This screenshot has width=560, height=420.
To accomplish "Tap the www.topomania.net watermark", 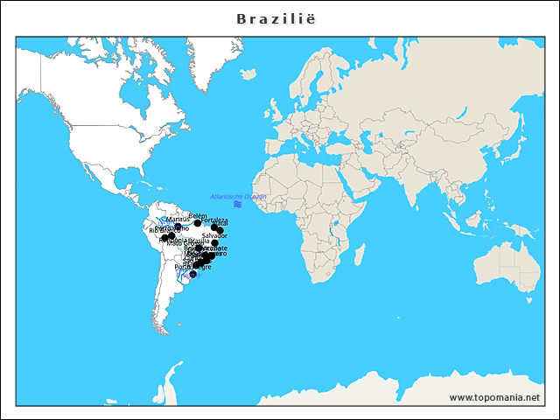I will [494, 397].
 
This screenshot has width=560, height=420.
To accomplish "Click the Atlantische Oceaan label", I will [238, 196].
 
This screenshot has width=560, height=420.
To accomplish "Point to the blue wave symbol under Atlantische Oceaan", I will [238, 204].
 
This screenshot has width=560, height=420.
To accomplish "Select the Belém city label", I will [198, 214].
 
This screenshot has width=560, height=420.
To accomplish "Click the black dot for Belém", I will [198, 222].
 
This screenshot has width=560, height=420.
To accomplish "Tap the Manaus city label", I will [177, 219].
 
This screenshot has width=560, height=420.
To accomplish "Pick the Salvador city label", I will [214, 235].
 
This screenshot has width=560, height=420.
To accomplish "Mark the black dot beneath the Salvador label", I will [214, 243].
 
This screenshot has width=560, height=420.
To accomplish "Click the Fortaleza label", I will [214, 220].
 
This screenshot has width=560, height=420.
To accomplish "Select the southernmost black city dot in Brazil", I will [193, 275].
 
